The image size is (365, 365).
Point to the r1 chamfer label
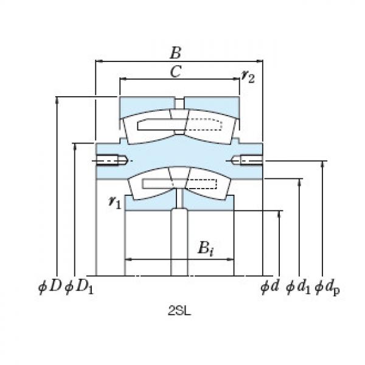click(x=114, y=203)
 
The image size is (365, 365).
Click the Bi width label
click(x=205, y=248)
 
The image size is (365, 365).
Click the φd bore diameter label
click(x=269, y=286)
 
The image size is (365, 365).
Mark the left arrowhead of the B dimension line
click(x=99, y=61)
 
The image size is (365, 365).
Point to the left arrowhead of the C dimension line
click(x=122, y=79)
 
